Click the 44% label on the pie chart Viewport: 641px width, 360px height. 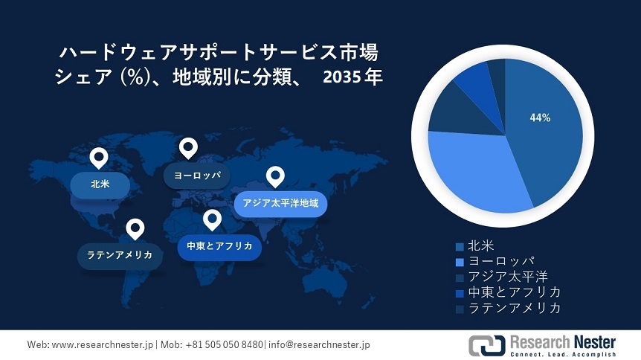[x=540, y=118]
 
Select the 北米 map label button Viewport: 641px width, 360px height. [x=100, y=184]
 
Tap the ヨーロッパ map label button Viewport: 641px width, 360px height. [x=196, y=176]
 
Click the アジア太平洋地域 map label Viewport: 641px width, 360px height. [x=280, y=202]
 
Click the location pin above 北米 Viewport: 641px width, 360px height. [x=98, y=158]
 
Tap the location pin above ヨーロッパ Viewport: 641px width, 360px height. [x=188, y=148]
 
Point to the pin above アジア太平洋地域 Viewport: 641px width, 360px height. [x=276, y=177]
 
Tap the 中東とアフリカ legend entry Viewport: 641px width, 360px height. [x=515, y=292]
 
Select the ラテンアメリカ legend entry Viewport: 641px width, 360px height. [x=515, y=307]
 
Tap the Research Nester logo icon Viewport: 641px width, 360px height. [x=486, y=345]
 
